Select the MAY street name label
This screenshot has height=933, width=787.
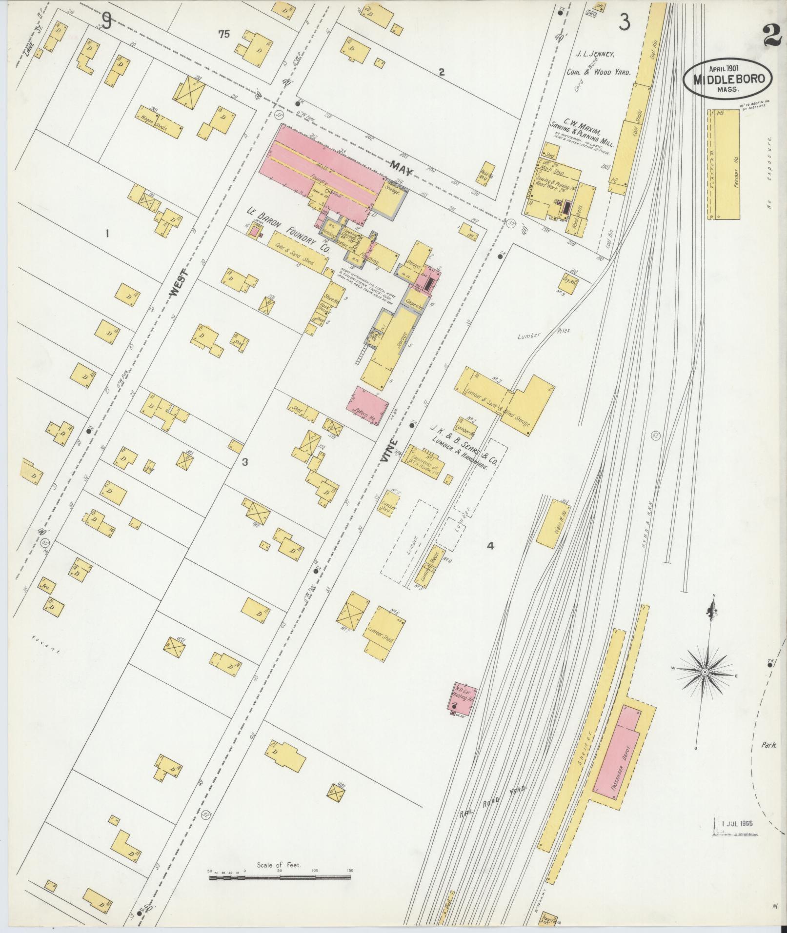pyautogui.click(x=400, y=170)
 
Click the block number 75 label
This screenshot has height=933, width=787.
pyautogui.click(x=224, y=34)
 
